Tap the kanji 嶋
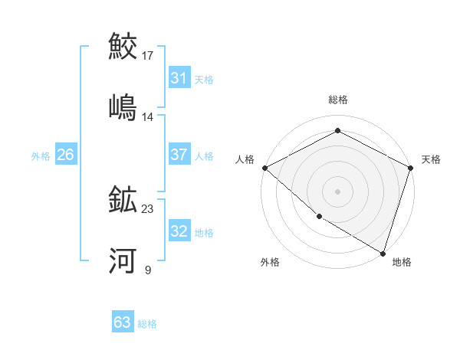123,106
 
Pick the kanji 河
123,261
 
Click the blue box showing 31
179,78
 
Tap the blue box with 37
179,155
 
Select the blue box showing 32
179,231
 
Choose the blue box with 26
65,155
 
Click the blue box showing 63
123,322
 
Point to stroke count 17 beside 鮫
149,56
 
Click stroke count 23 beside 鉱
149,209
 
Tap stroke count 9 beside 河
148,270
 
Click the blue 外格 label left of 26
41,155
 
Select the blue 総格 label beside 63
147,323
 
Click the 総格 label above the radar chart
338,100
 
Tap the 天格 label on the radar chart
432,159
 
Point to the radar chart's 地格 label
402,262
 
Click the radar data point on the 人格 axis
264,168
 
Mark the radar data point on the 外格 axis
319,217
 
